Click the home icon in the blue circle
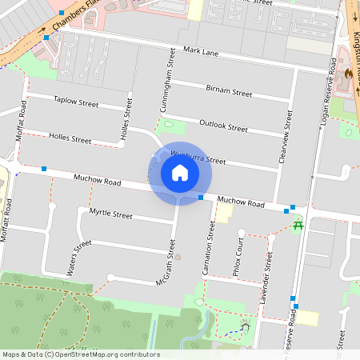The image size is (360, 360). point(179,173)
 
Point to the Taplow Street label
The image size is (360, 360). point(75,103)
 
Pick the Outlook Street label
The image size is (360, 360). point(224,126)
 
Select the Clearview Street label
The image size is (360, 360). point(286,135)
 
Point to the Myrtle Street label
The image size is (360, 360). point(110,214)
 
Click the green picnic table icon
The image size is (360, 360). point(298,226)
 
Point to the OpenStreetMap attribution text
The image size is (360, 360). point(80,354)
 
